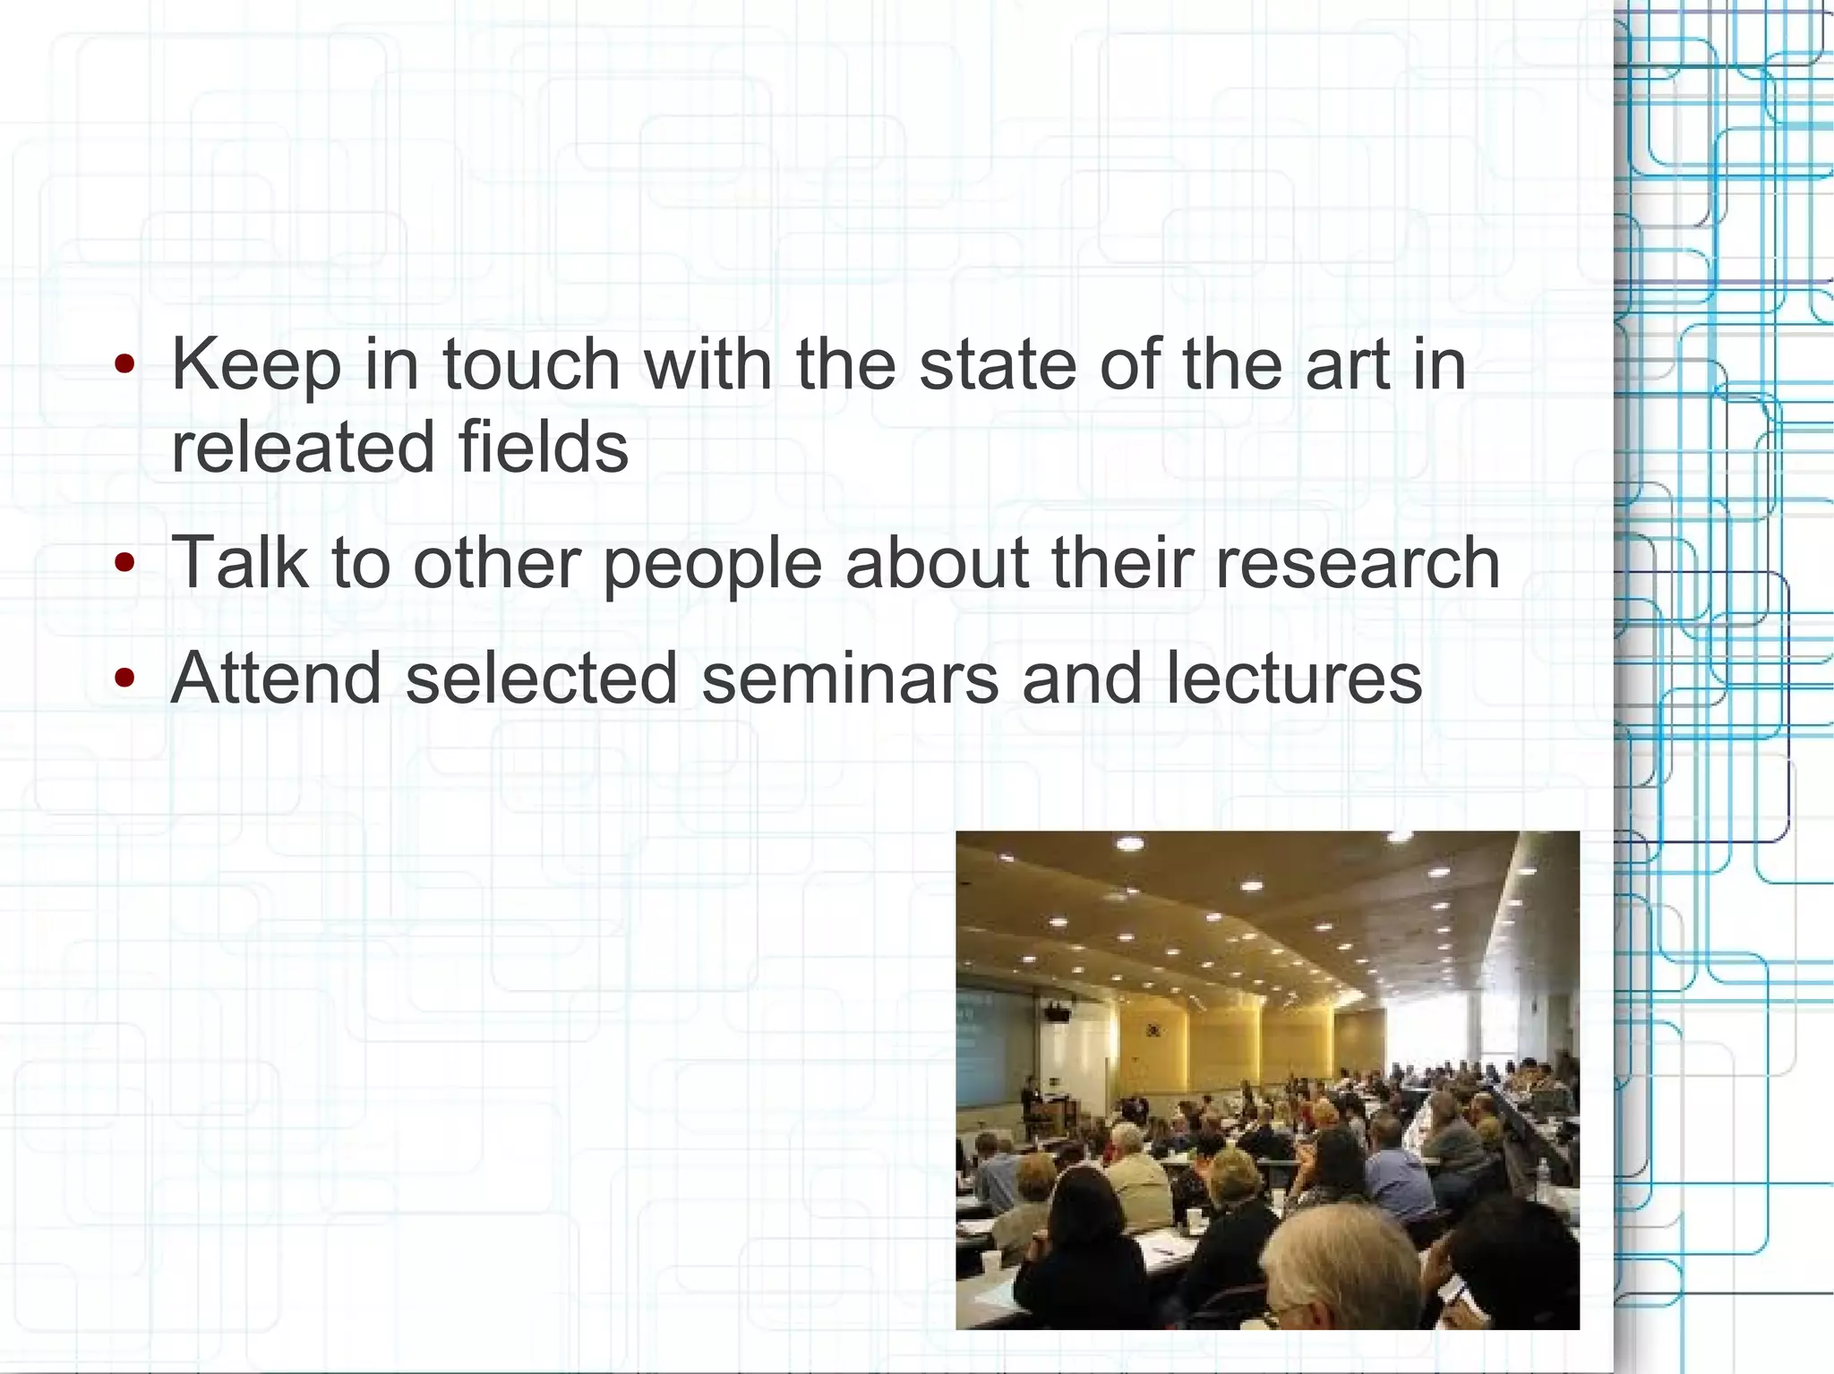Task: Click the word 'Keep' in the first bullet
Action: (x=256, y=367)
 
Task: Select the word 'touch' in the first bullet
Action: (x=531, y=365)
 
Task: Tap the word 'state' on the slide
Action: (x=998, y=365)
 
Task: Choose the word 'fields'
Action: (x=544, y=447)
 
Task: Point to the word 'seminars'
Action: (x=849, y=678)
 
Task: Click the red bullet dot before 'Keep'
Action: (x=125, y=365)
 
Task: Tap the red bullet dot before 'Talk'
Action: (x=125, y=563)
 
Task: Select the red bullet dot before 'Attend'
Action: (x=125, y=678)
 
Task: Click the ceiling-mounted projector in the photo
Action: (x=1057, y=1012)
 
